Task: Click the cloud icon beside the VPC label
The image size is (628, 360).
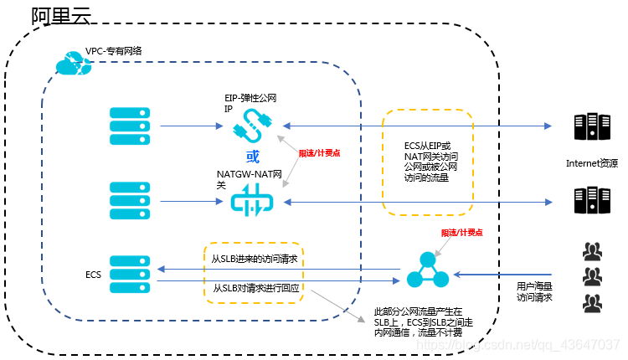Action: pyautogui.click(x=69, y=61)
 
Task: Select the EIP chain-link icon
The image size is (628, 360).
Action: pyautogui.click(x=249, y=128)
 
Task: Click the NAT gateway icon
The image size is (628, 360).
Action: pyautogui.click(x=249, y=202)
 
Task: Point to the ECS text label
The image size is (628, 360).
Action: pyautogui.click(x=93, y=275)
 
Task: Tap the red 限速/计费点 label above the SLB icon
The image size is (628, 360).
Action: pyautogui.click(x=462, y=233)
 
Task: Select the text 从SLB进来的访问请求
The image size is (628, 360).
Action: pyautogui.click(x=254, y=259)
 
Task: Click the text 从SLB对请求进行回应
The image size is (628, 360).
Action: pyautogui.click(x=254, y=288)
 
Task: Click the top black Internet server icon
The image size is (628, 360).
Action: pyautogui.click(x=591, y=127)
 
